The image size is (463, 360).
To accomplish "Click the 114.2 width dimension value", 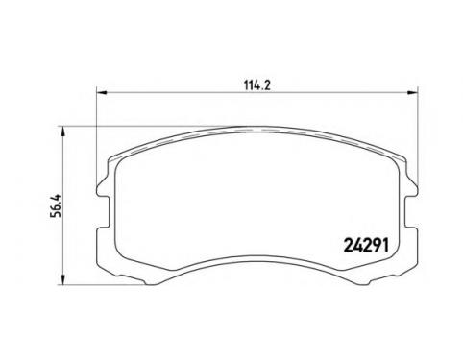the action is (257, 85).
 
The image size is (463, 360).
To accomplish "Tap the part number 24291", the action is (366, 246).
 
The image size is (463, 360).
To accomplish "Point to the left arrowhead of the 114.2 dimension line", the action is (101, 92).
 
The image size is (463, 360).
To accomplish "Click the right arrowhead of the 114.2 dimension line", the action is (413, 92).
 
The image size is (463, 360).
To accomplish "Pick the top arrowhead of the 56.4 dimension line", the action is (63, 131).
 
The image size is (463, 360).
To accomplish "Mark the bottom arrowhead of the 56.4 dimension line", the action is (63, 279).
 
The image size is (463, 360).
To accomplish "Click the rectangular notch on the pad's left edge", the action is (103, 211).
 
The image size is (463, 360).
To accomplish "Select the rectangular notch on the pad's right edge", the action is (411, 211).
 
